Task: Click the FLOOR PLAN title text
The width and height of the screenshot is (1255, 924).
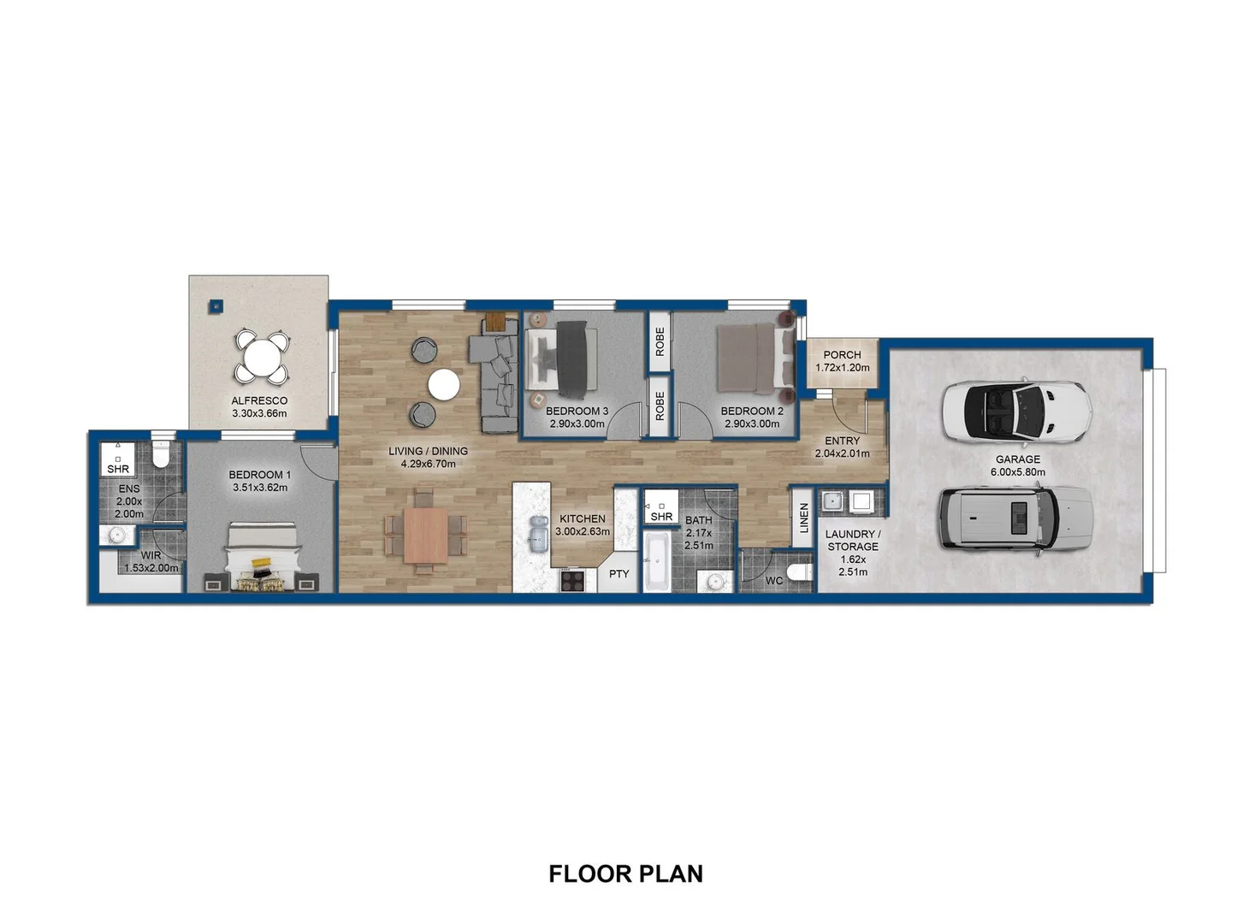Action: pyautogui.click(x=626, y=874)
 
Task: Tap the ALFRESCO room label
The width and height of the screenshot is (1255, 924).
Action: pyautogui.click(x=259, y=400)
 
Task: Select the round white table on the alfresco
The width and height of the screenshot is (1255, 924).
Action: pyautogui.click(x=262, y=356)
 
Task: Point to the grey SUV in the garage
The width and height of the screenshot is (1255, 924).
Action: pyautogui.click(x=1016, y=518)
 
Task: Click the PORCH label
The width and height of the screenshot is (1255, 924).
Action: pyautogui.click(x=842, y=355)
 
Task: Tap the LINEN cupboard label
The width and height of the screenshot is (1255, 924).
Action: pyautogui.click(x=804, y=518)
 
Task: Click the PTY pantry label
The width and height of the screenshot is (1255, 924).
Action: pyautogui.click(x=619, y=574)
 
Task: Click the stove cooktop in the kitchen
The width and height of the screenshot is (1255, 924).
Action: pyautogui.click(x=572, y=580)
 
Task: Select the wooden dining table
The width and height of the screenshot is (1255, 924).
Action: pyautogui.click(x=426, y=536)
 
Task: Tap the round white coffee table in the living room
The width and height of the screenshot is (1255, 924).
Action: pyautogui.click(x=444, y=385)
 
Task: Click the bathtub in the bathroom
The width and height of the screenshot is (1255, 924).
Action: pyautogui.click(x=656, y=561)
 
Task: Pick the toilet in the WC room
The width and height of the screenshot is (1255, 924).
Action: pyautogui.click(x=799, y=572)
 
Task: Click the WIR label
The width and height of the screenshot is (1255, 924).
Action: pyautogui.click(x=151, y=555)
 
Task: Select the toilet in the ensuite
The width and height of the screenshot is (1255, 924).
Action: pyautogui.click(x=161, y=453)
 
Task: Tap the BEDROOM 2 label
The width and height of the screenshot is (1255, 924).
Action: pyautogui.click(x=752, y=411)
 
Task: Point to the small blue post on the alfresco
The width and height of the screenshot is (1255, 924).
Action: pyautogui.click(x=216, y=306)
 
